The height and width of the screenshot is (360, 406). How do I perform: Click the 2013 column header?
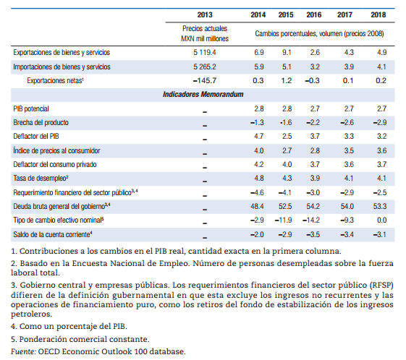[205, 14]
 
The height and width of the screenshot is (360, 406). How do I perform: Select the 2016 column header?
[314, 14]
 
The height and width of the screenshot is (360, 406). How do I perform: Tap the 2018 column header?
[378, 14]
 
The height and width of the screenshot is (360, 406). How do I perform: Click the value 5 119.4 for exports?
[205, 53]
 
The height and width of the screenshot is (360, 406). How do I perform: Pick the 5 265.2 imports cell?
[205, 67]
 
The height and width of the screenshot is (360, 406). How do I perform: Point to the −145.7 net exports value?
[205, 81]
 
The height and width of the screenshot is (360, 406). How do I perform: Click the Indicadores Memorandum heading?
[203, 95]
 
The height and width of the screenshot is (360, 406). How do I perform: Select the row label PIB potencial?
[31, 108]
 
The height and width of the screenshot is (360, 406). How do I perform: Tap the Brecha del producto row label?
[41, 123]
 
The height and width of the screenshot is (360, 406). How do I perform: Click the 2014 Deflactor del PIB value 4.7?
[258, 137]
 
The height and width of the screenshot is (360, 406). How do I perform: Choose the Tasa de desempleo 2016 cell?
[315, 178]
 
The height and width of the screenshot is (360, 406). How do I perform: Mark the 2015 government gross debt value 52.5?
[285, 206]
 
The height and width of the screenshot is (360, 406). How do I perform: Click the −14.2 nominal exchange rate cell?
[311, 220]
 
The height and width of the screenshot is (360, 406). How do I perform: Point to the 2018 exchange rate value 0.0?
[381, 220]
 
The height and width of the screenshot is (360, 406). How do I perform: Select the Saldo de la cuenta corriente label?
[53, 234]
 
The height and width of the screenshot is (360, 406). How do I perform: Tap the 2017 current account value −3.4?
[347, 234]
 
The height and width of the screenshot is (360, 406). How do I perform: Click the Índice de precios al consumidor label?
[56, 150]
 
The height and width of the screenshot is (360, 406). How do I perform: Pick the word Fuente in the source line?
[23, 352]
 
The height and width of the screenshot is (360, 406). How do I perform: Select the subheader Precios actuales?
[205, 28]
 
